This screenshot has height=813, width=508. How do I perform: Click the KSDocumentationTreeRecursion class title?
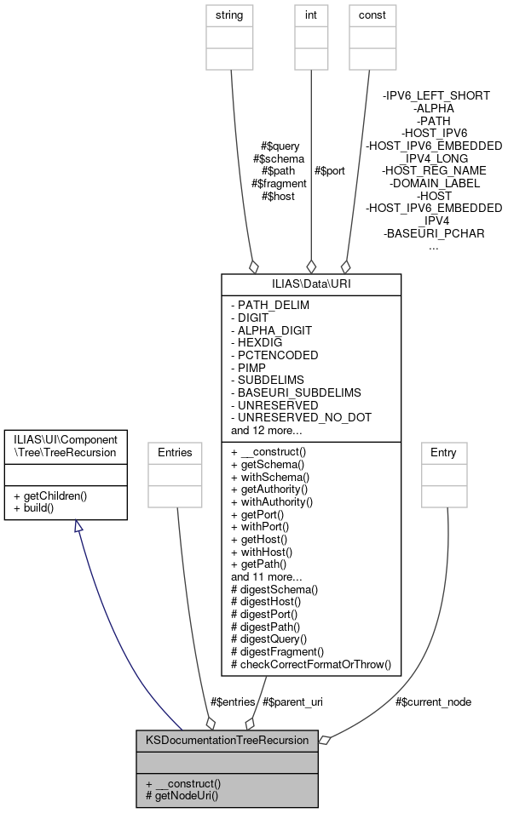(x=227, y=740)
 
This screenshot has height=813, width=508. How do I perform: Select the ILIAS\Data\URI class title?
(x=310, y=283)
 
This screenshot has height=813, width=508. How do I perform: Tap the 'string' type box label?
(x=230, y=15)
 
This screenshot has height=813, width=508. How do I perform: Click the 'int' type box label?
(x=310, y=15)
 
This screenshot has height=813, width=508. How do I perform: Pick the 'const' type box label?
(x=372, y=15)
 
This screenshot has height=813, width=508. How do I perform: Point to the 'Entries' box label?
(x=175, y=453)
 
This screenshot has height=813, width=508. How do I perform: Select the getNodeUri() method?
(x=182, y=796)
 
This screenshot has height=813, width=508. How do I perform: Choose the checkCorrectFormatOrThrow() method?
(x=310, y=664)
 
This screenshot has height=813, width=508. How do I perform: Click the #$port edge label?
(x=330, y=170)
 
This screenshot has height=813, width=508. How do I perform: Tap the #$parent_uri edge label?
(x=292, y=701)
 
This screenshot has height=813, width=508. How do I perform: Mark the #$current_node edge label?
(x=433, y=701)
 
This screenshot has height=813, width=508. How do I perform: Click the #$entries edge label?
(x=232, y=701)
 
